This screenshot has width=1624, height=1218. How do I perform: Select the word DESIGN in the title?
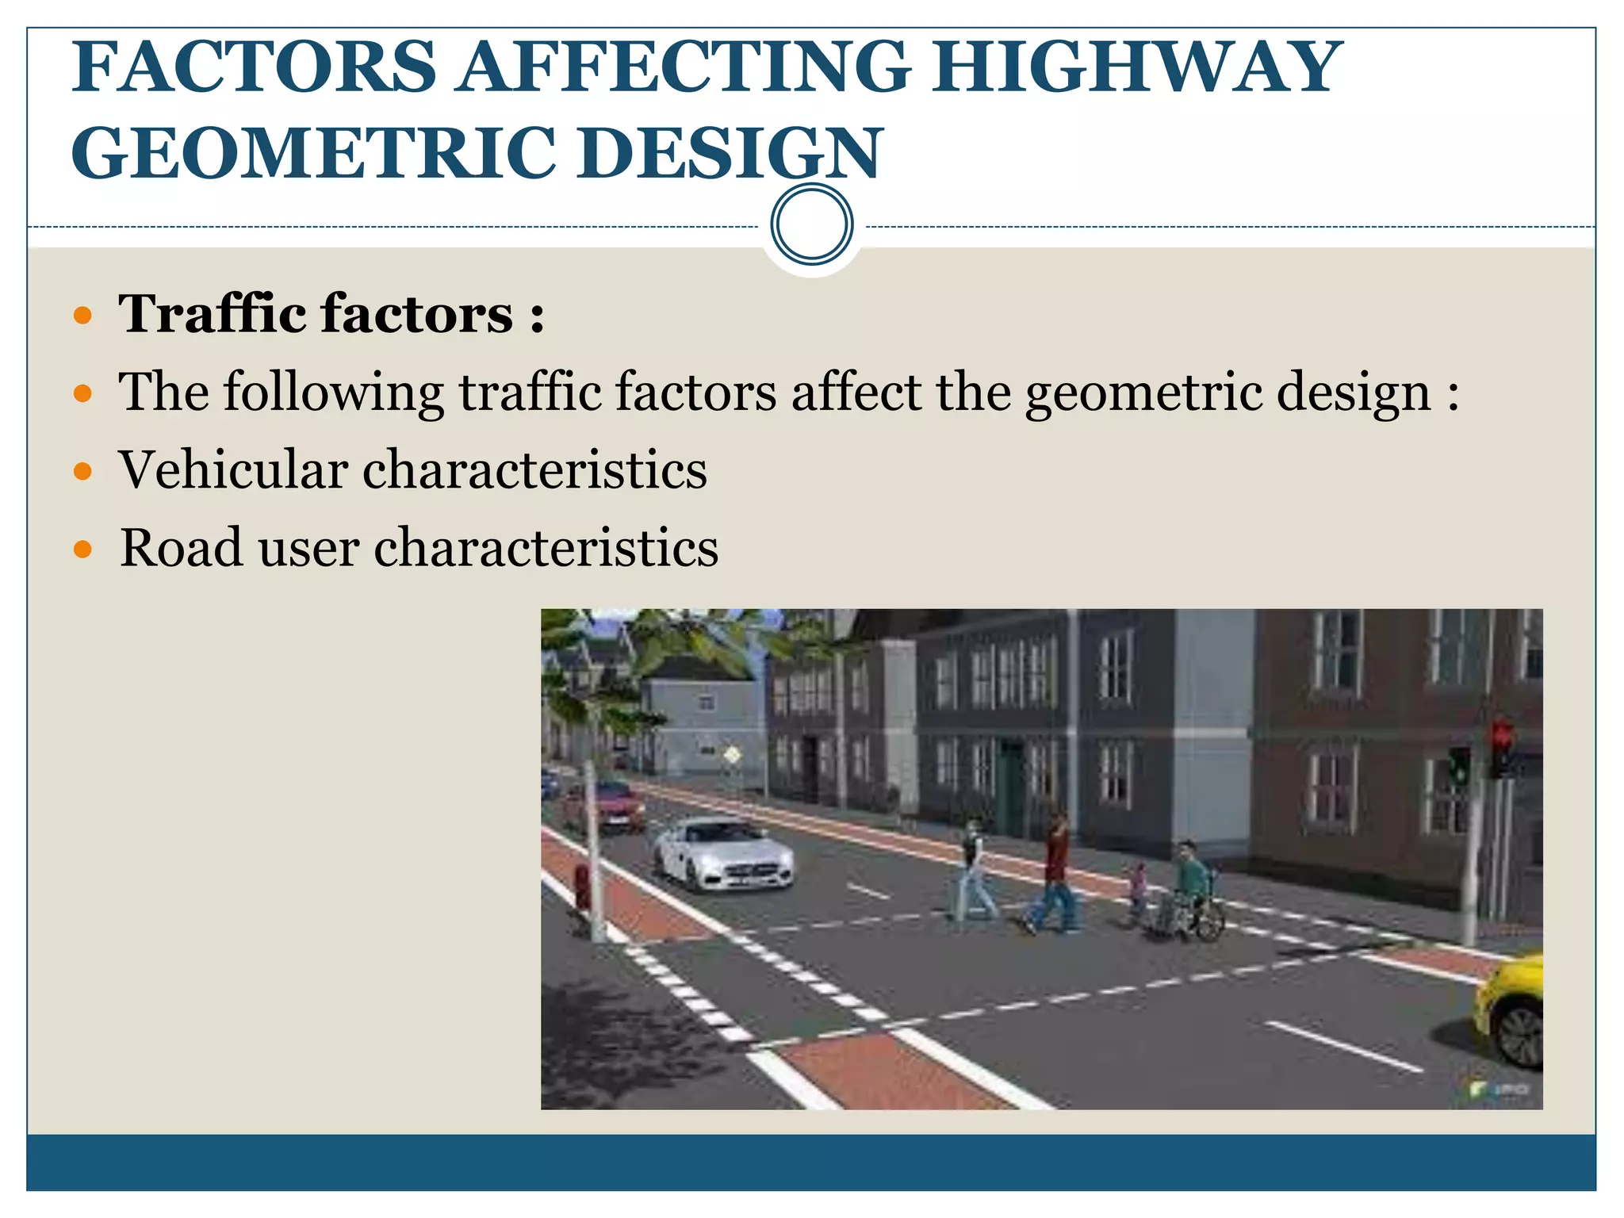pos(730,153)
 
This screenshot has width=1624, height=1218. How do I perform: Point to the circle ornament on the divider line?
pos(812,224)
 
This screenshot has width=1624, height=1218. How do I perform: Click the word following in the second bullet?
pos(333,392)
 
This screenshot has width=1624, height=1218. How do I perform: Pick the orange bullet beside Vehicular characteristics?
pos(82,471)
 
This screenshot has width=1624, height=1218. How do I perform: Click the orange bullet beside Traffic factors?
pos(82,316)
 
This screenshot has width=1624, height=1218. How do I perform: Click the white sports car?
pos(722,852)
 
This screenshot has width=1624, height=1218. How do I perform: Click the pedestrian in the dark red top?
pos(1055,872)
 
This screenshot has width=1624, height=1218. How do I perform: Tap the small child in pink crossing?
pos(1138,888)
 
